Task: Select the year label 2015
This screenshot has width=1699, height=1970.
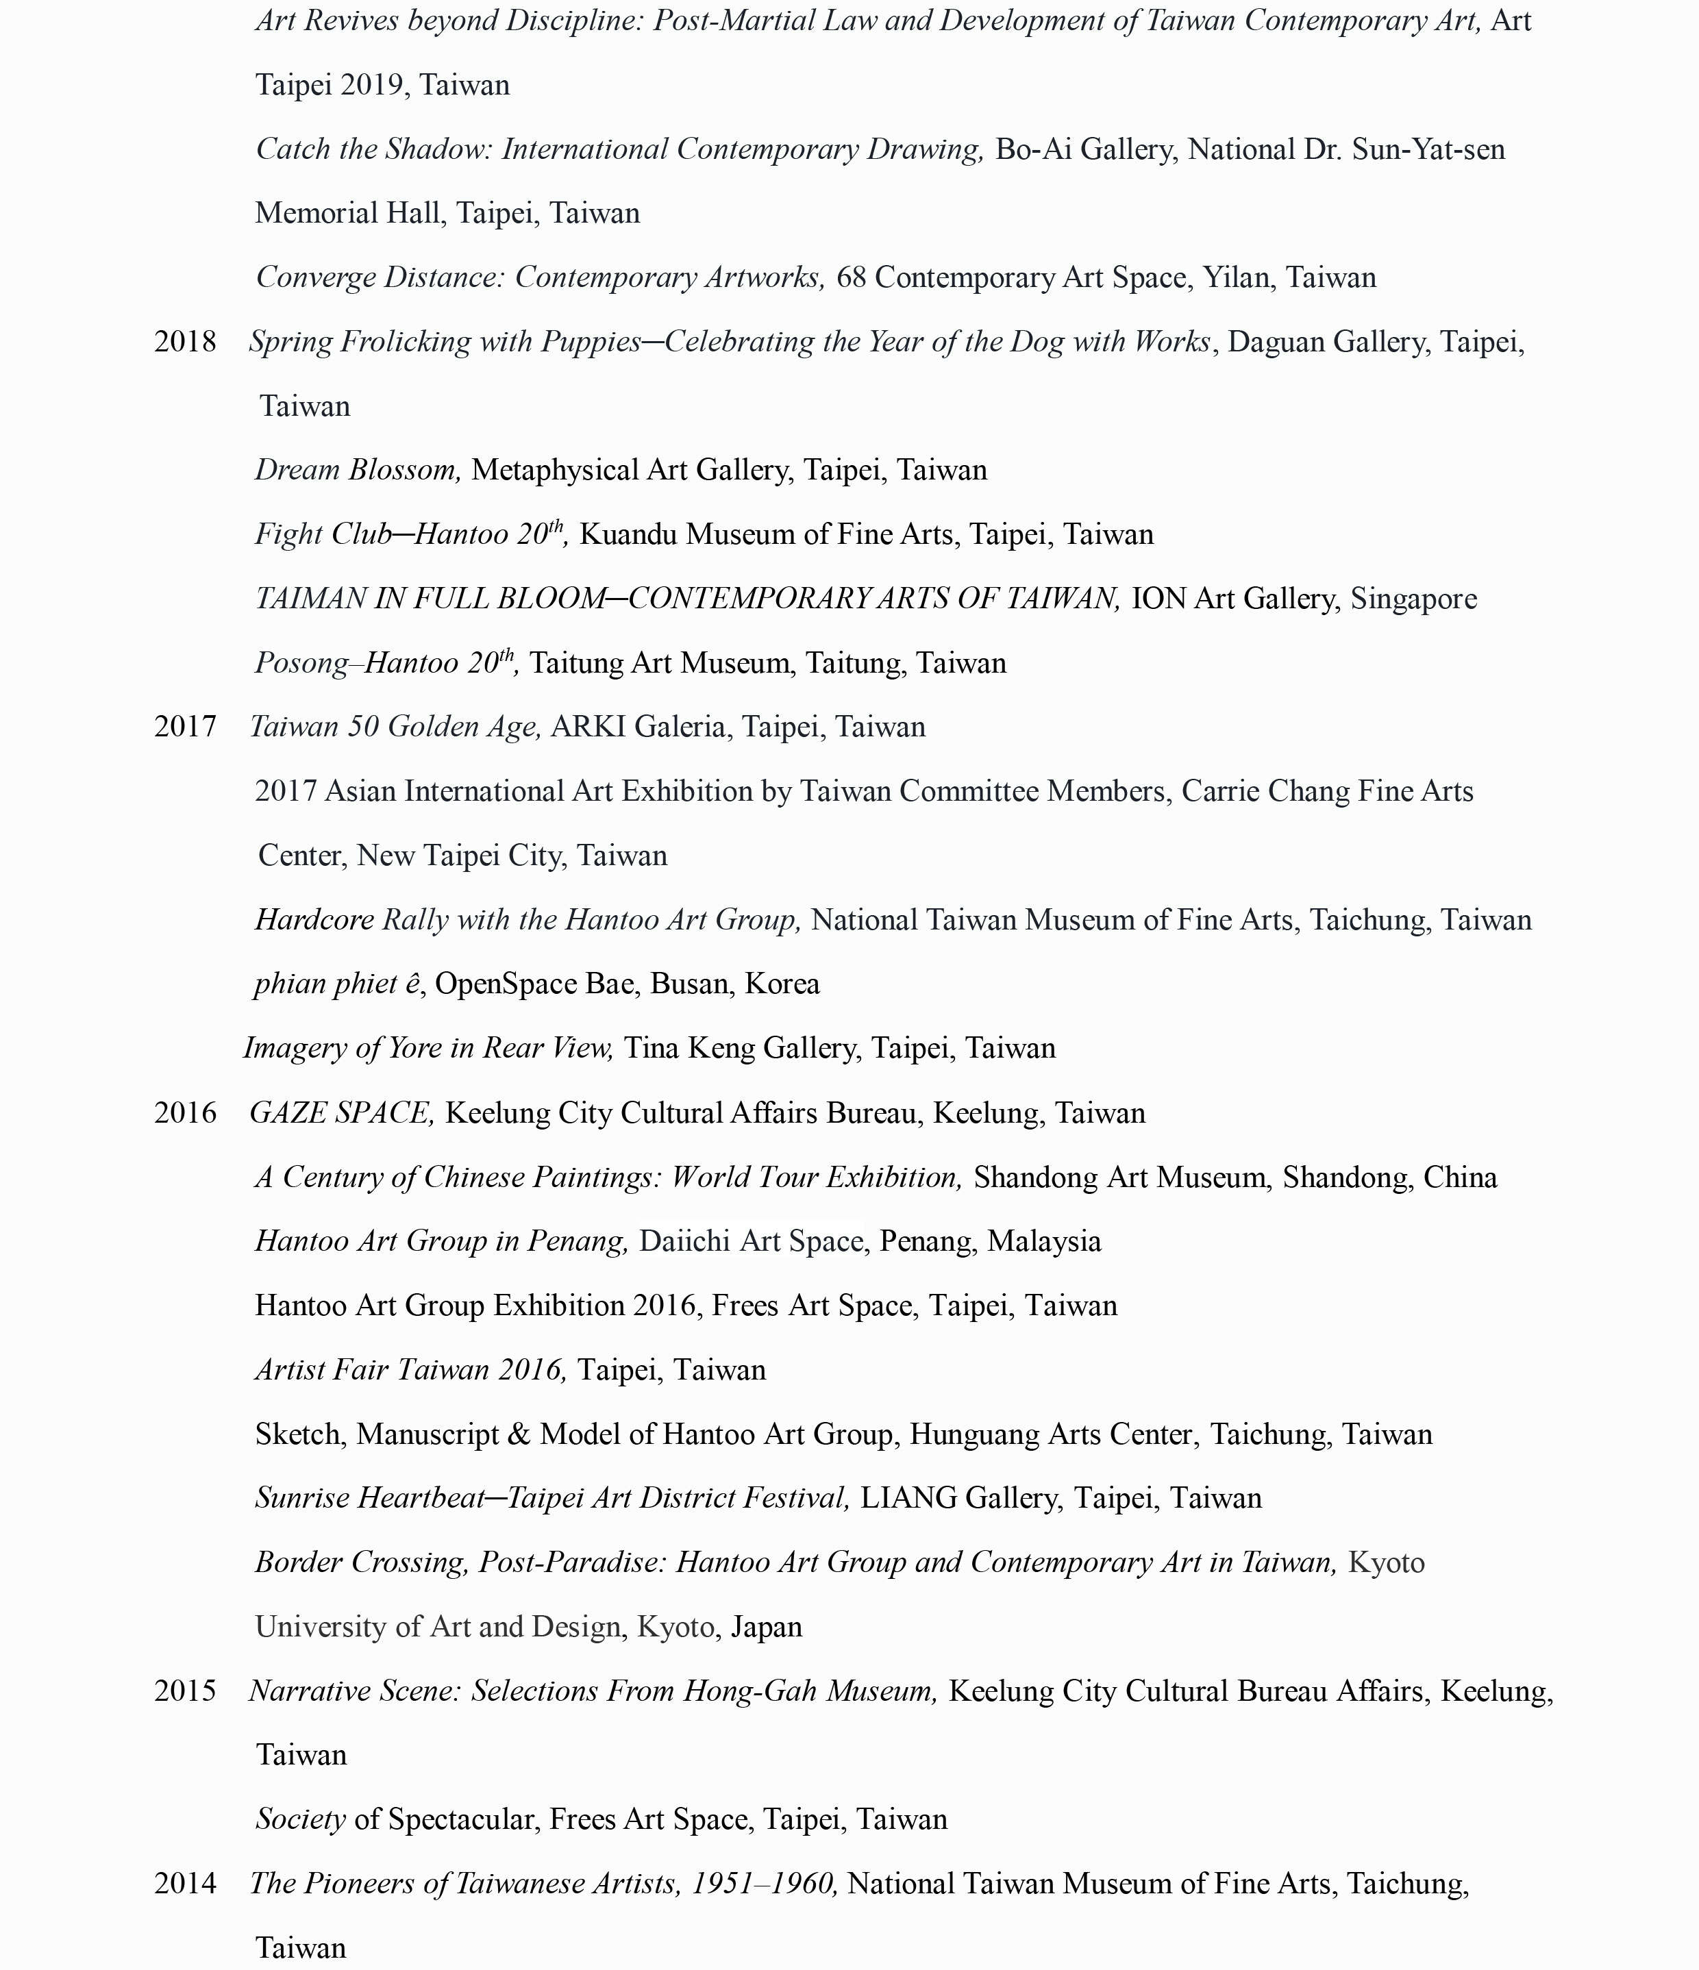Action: pyautogui.click(x=186, y=1691)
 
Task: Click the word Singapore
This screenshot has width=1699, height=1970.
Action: pyautogui.click(x=1414, y=599)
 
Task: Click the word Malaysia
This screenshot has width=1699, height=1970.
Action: pyautogui.click(x=1044, y=1242)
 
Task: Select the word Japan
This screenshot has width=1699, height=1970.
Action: pyautogui.click(x=767, y=1627)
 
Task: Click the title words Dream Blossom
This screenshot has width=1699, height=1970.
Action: pyautogui.click(x=358, y=471)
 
